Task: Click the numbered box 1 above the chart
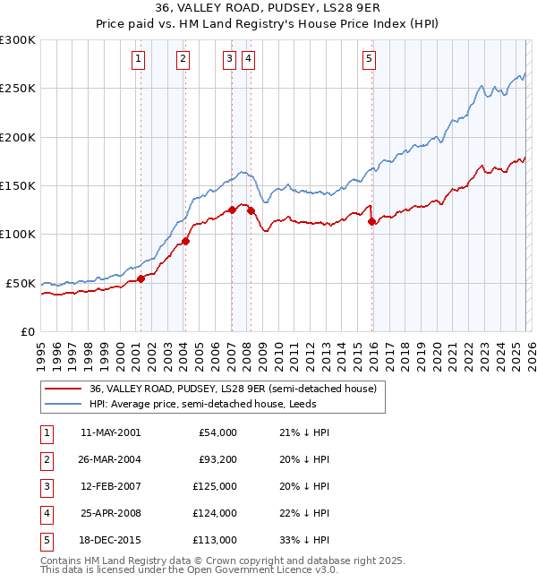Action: pos(140,60)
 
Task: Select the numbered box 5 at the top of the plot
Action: pos(370,60)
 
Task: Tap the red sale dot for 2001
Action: pos(141,278)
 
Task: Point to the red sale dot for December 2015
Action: pos(371,222)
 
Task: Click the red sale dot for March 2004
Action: pos(186,240)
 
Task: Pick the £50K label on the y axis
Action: pos(21,283)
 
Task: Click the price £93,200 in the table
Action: pos(217,459)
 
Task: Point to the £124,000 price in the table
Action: pos(217,513)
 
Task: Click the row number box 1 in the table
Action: pos(45,432)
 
